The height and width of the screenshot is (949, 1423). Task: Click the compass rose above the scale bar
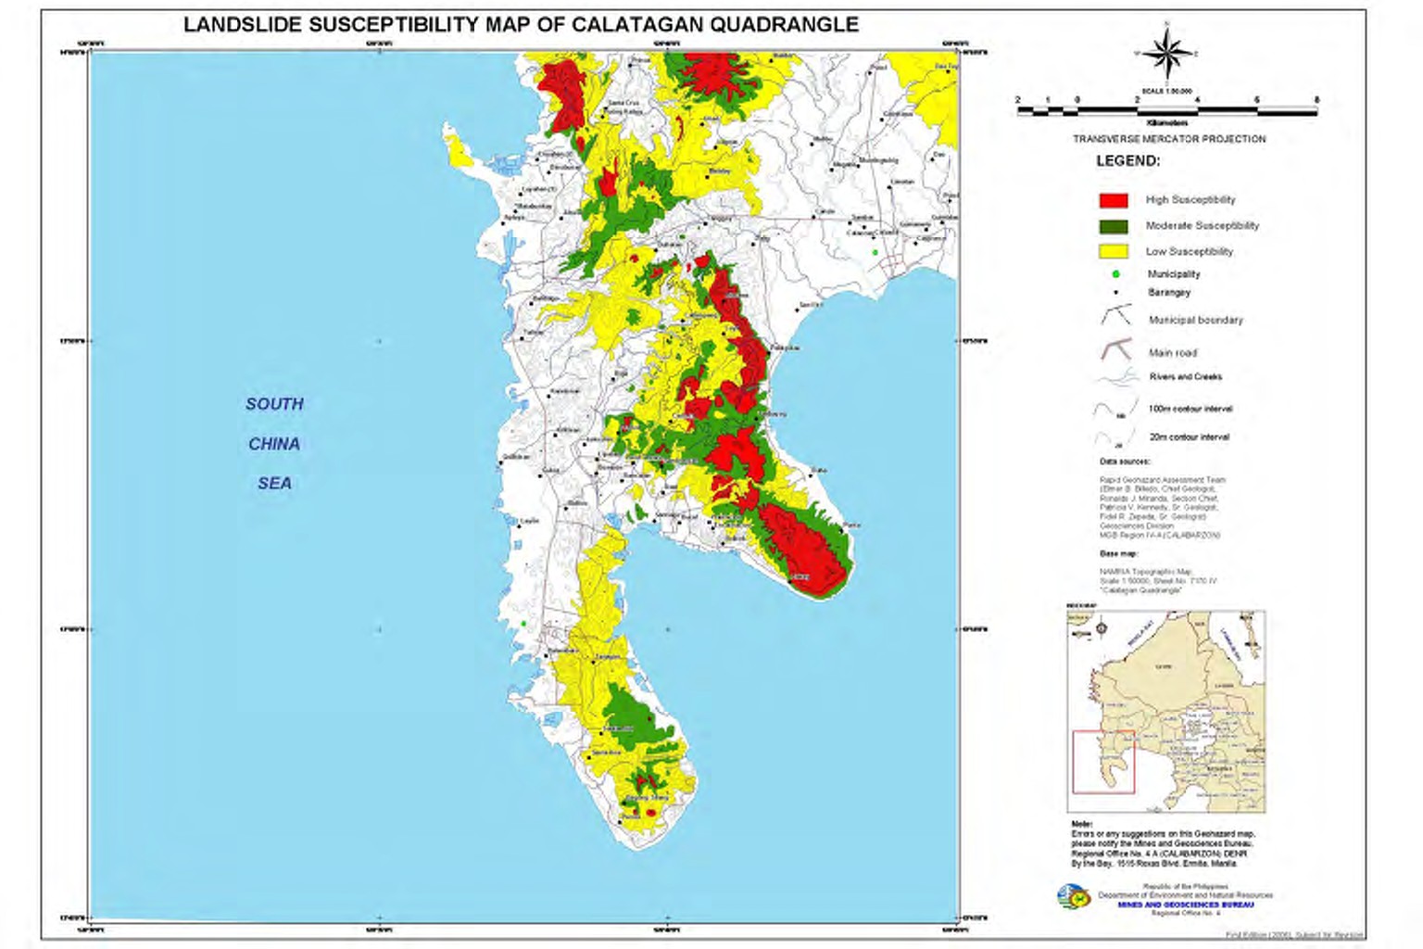coord(1167,53)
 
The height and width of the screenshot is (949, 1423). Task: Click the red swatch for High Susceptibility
coord(1113,200)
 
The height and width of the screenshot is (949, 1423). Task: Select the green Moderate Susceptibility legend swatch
coord(1113,226)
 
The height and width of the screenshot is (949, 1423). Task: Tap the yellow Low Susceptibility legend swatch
coord(1113,251)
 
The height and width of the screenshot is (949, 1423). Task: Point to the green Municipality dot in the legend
coord(1115,274)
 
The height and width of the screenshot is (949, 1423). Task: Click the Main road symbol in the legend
coord(1116,351)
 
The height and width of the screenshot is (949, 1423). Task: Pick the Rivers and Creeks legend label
coord(1185,377)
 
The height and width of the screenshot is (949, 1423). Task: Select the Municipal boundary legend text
coord(1195,320)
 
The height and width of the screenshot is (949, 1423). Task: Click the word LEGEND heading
coord(1127,161)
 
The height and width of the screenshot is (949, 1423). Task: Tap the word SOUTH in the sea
coord(274,404)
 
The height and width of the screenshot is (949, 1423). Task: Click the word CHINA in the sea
coord(274,444)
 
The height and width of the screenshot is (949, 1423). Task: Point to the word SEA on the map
coord(274,483)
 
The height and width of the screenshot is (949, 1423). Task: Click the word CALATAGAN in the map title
coord(637,25)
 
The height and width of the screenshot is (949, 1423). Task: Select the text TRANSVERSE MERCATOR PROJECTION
coord(1169,139)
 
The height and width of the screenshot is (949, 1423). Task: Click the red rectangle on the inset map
coord(1103,762)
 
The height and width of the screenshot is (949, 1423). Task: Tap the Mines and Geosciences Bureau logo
coord(1072,896)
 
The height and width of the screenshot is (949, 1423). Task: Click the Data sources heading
coord(1125,462)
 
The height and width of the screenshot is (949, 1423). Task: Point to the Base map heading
coord(1118,554)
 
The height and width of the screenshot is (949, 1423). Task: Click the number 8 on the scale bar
coord(1316,100)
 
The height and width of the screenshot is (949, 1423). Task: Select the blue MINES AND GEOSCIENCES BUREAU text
coord(1185,905)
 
